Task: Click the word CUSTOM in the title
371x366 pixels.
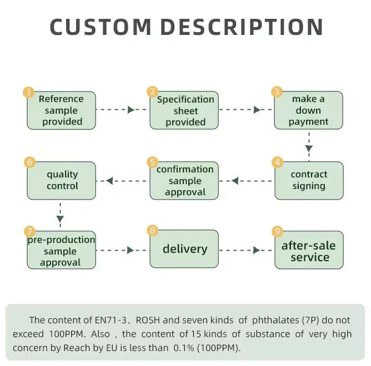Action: (101, 27)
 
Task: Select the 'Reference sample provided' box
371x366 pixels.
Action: (62, 110)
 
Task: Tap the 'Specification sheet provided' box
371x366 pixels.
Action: (185, 110)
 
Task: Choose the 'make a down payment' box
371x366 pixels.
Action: (308, 110)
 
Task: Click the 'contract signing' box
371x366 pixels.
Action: (309, 180)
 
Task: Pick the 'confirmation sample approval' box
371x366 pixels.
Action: (185, 181)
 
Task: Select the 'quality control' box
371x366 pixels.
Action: (62, 180)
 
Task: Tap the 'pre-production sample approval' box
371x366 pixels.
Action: (61, 251)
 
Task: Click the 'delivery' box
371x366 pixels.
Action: (185, 250)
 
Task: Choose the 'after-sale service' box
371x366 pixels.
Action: (309, 251)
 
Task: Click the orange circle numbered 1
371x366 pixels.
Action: (28, 92)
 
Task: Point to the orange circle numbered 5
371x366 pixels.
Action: (152, 162)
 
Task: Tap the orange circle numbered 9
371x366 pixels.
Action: (277, 231)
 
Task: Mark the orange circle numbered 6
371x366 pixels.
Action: (30, 162)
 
